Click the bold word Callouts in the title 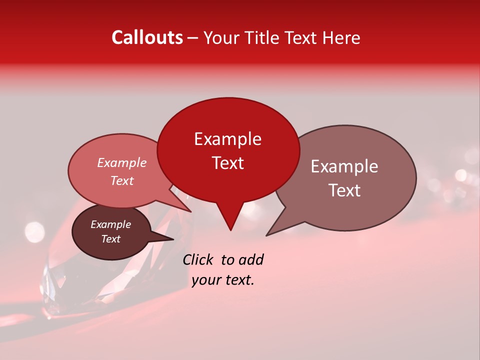tap(147, 37)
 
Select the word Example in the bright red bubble tap(227, 139)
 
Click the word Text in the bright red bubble tap(227, 163)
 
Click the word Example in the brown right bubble tap(344, 166)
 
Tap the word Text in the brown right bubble tap(344, 190)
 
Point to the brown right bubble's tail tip tap(266, 235)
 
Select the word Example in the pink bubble tap(122, 162)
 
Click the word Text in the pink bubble tap(122, 180)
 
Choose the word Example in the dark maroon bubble tap(110, 224)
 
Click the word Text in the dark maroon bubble tap(110, 239)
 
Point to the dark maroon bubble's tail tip tap(173, 239)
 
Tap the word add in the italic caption tap(250, 259)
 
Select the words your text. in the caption tap(223, 280)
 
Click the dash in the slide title tap(193, 38)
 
